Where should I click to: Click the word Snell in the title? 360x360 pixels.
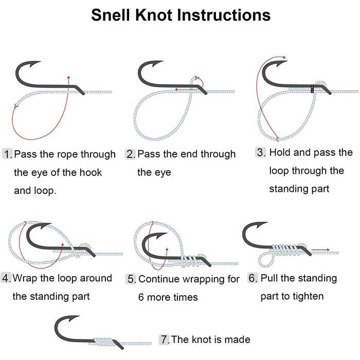(x=111, y=15)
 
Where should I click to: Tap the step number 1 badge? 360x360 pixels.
(x=8, y=154)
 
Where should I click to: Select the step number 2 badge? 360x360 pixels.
(x=131, y=154)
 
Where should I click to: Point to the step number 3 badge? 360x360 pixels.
(x=261, y=152)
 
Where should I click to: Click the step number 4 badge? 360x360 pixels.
(x=6, y=278)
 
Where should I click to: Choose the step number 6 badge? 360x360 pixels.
(x=253, y=278)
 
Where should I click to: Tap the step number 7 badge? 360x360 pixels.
(x=165, y=339)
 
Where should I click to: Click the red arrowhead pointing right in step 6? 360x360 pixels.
(x=328, y=249)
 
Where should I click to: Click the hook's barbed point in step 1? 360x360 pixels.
(x=41, y=61)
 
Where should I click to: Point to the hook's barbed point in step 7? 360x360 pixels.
(x=79, y=316)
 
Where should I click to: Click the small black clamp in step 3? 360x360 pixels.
(x=312, y=88)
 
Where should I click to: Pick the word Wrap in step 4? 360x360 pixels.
(x=25, y=278)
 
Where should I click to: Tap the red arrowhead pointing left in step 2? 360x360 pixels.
(x=176, y=89)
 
